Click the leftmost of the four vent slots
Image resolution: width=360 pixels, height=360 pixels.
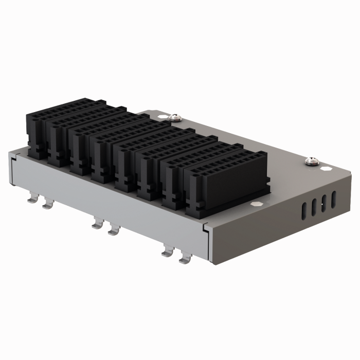(x=303, y=208)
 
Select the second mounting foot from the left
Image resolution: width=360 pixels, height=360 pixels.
(x=47, y=205)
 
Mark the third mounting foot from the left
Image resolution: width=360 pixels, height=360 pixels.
(x=97, y=224)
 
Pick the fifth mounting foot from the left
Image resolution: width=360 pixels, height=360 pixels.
(x=167, y=252)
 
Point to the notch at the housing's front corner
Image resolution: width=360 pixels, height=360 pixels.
(x=206, y=226)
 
